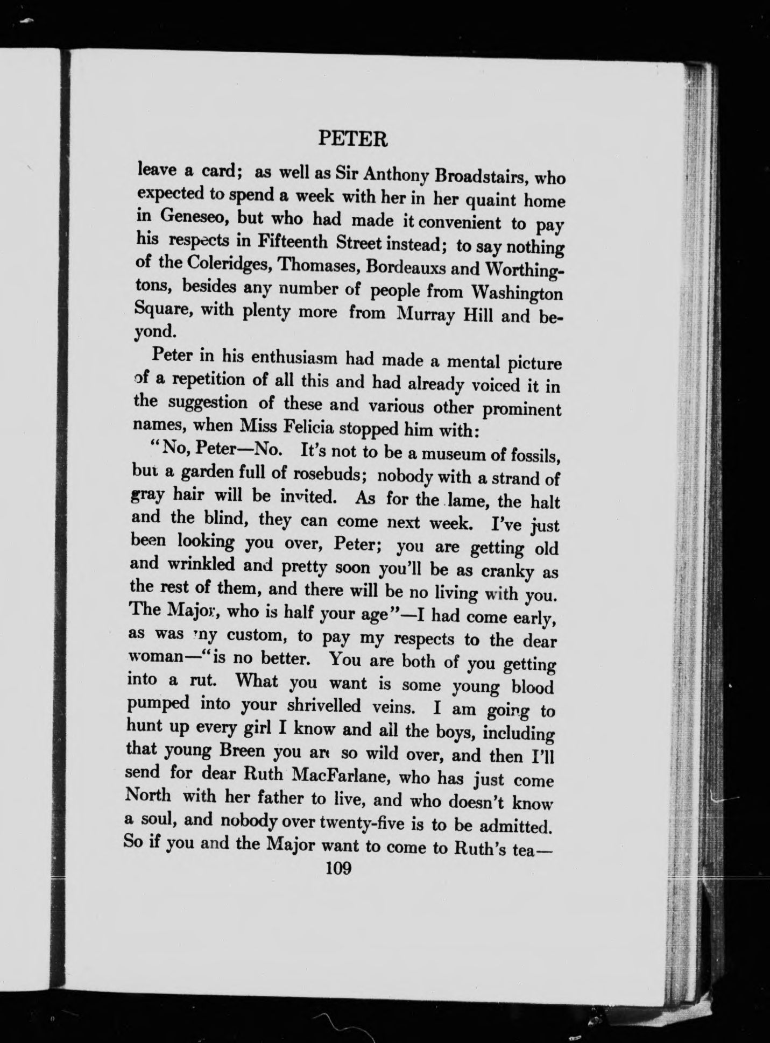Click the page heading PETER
tap(352, 140)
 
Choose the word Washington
tap(517, 294)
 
